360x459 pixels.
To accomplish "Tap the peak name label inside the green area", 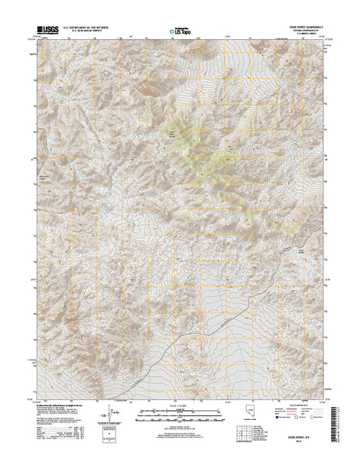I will [171, 136].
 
